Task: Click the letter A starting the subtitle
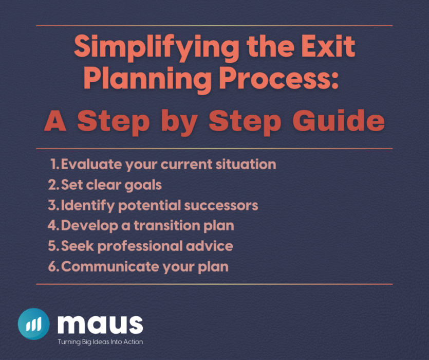tap(54, 121)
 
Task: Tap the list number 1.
tap(54, 165)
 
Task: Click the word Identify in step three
tap(87, 206)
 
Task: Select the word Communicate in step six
tap(107, 267)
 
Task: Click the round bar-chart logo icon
tap(33, 324)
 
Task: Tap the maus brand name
tap(100, 323)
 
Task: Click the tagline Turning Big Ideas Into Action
tap(100, 342)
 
